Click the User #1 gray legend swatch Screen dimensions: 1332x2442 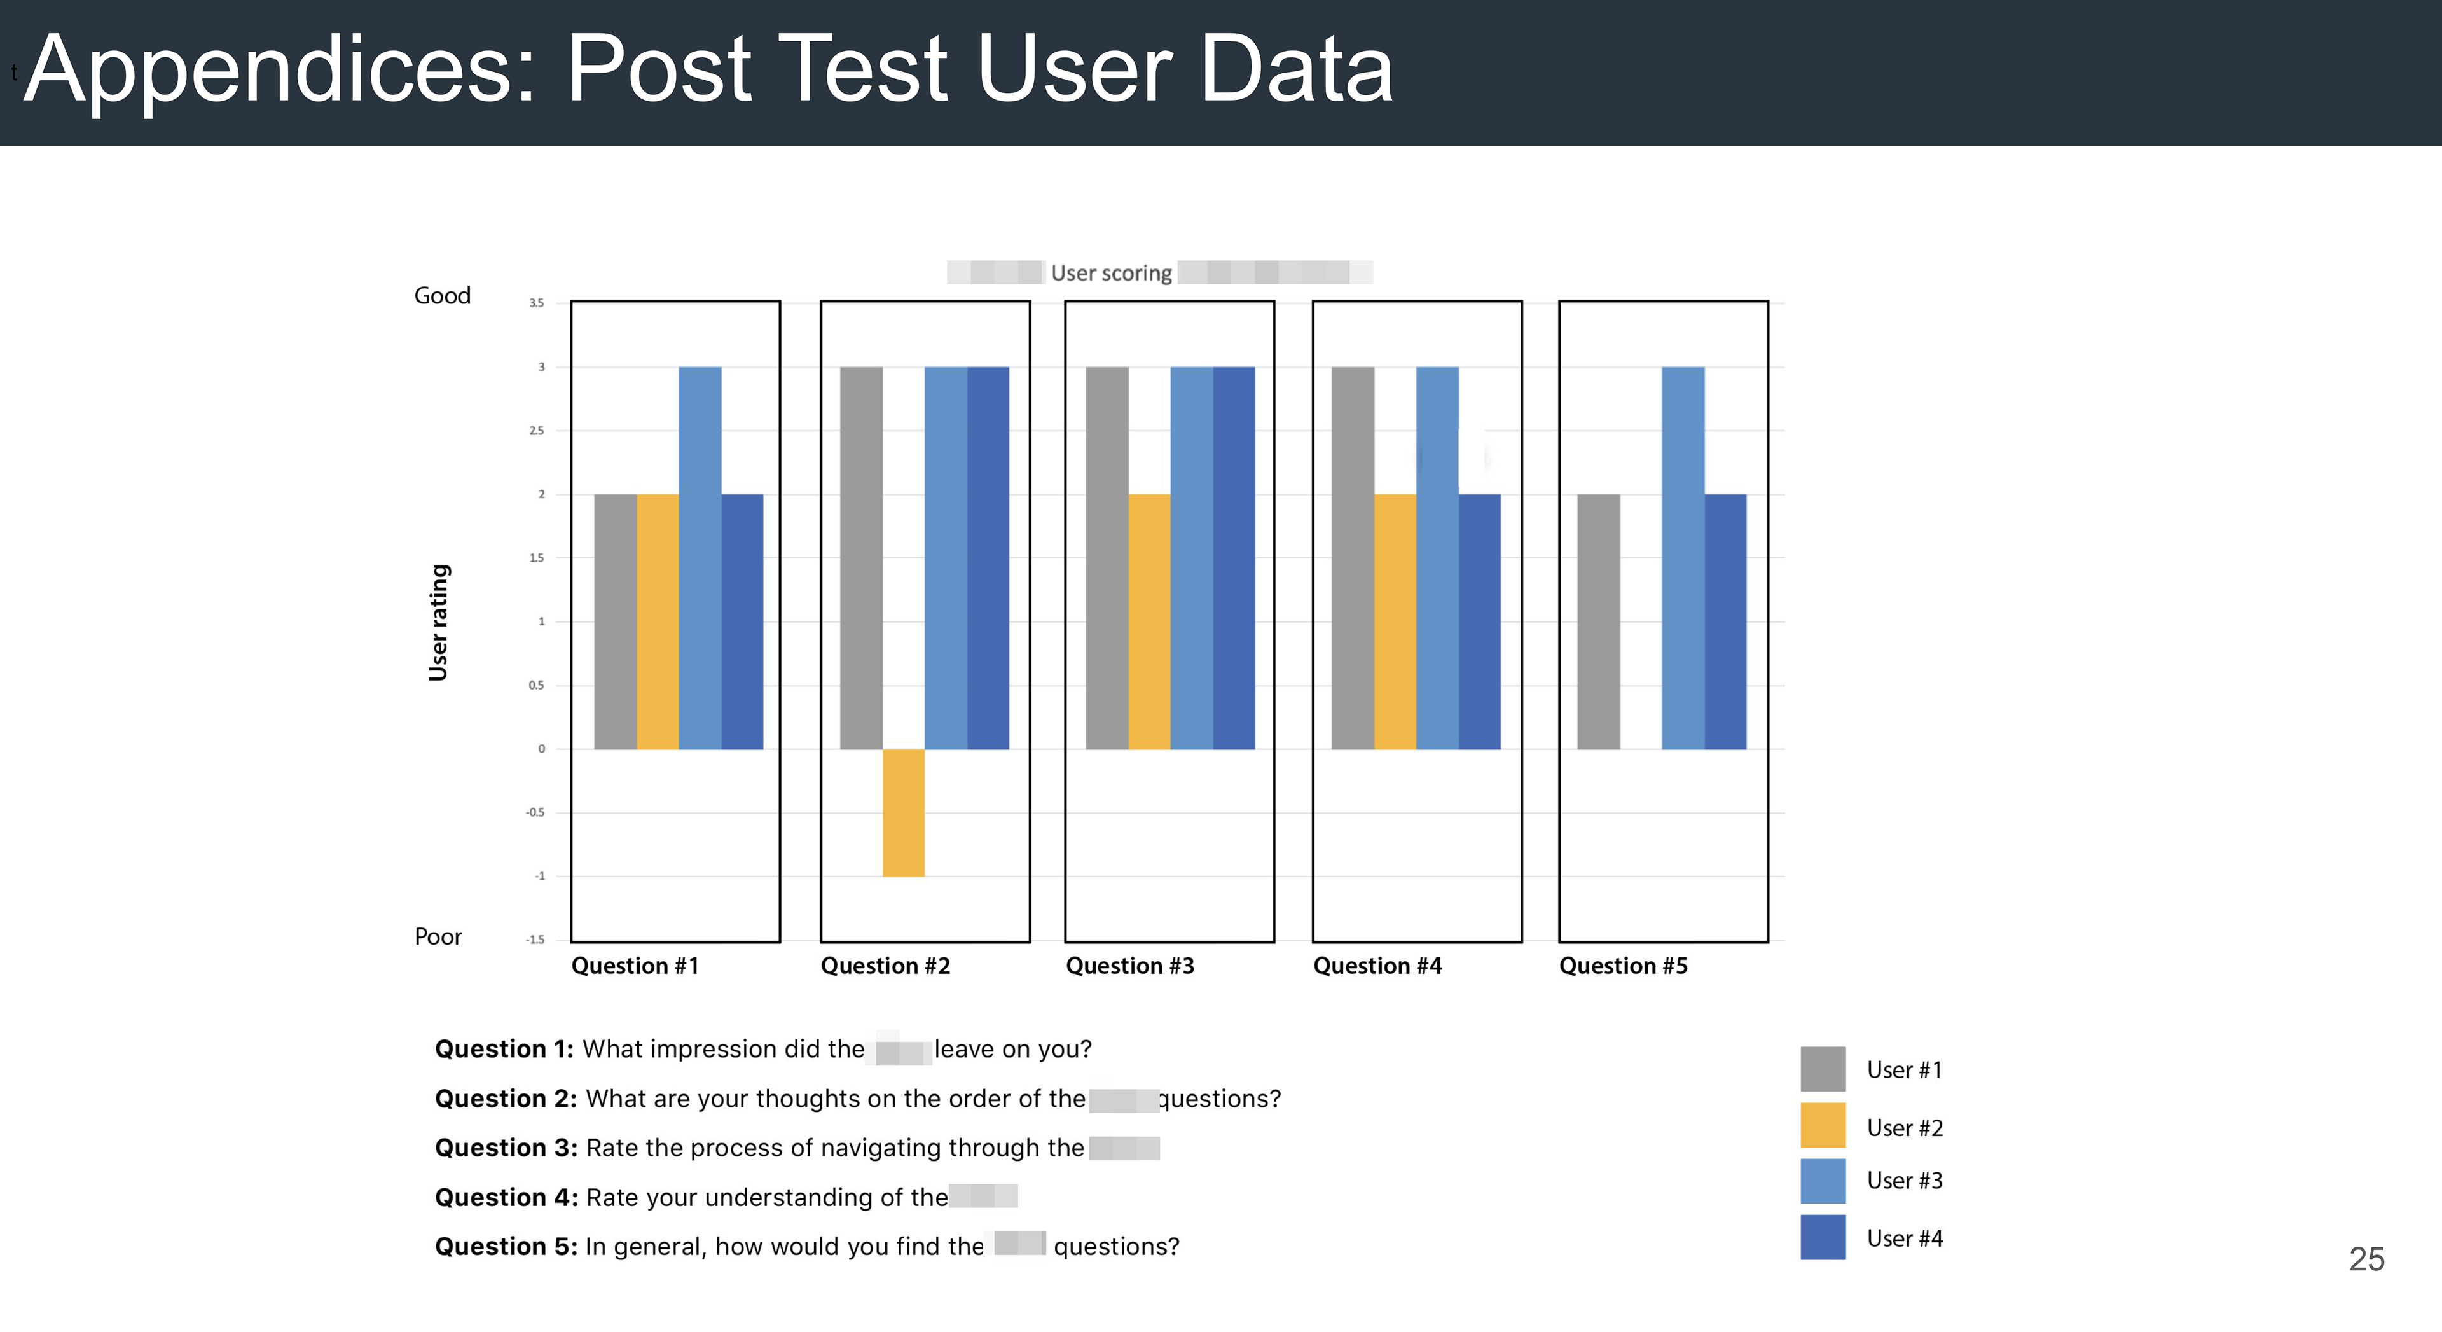coord(1822,1069)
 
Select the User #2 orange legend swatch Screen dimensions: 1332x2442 coord(1822,1125)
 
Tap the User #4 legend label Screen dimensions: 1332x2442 coord(1903,1238)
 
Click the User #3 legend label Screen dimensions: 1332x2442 coord(1903,1181)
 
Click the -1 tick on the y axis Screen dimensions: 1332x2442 coord(539,876)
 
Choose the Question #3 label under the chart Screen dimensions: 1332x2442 coord(1130,966)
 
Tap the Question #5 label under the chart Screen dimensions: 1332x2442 coord(1623,966)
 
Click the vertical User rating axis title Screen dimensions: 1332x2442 coord(438,622)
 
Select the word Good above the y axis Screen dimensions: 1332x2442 coord(442,296)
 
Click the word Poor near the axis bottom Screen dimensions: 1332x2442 coord(438,937)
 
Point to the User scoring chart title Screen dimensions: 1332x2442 coord(1111,273)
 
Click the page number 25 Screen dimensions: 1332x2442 coord(2366,1259)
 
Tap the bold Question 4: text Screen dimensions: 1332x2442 coord(506,1197)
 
